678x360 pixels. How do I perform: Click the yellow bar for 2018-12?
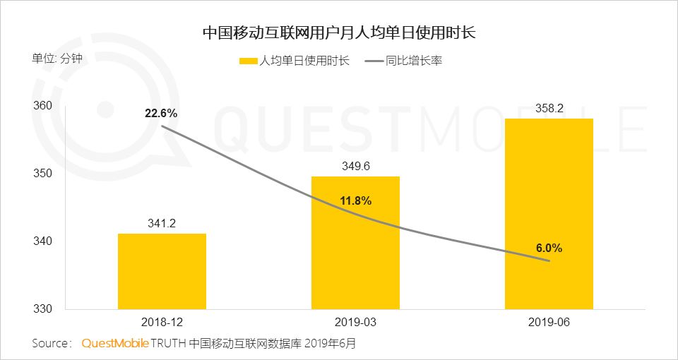coord(162,271)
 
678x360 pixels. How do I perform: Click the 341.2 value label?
coord(162,224)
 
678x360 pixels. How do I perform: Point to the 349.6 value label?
coord(355,167)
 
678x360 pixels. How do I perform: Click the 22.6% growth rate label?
coord(162,113)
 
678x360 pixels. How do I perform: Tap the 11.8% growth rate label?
coord(355,200)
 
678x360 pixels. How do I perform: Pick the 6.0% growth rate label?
coord(548,248)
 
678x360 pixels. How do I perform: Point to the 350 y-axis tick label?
coord(43,174)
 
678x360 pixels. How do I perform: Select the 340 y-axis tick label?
coord(43,241)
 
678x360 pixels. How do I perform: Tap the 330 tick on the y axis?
coord(43,309)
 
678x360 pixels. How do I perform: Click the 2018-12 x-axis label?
coord(162,322)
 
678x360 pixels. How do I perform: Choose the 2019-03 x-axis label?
coord(355,322)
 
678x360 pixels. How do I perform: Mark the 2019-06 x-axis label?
coord(549,322)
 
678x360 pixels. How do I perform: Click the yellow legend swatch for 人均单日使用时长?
coord(249,61)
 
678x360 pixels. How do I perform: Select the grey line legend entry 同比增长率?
coord(403,61)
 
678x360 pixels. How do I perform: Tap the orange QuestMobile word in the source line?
coord(115,344)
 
